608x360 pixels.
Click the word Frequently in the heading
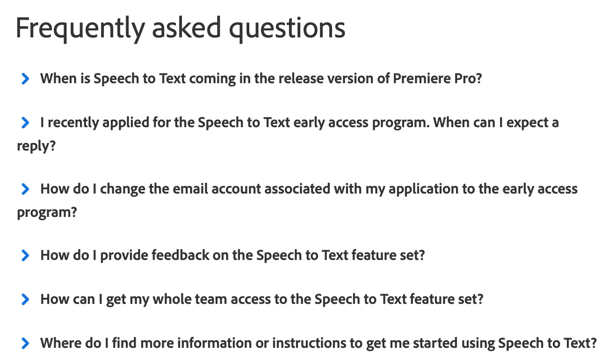coord(80,28)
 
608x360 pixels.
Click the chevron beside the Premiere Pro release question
coord(25,79)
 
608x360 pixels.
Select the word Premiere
coord(421,79)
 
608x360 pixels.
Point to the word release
coord(301,79)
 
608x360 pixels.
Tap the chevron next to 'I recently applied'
coord(25,122)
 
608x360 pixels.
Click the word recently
coord(73,122)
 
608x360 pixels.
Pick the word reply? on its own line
coord(36,146)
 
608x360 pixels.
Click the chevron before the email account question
coord(25,189)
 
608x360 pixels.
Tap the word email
coord(190,189)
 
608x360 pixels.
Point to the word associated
coord(297,189)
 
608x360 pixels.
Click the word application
coord(423,189)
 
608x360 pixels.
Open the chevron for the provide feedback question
coord(25,255)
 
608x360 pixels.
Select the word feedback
coord(180,255)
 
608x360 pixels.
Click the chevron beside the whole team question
coord(25,299)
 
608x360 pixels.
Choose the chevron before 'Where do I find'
coord(25,343)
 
